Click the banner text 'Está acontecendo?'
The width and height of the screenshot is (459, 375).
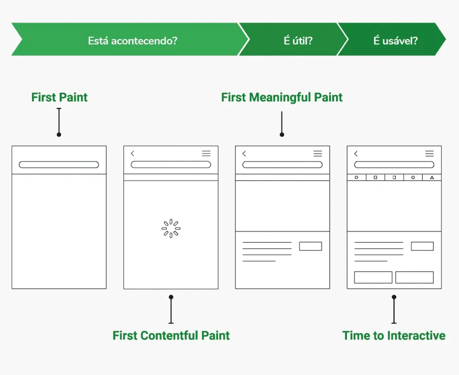click(x=133, y=41)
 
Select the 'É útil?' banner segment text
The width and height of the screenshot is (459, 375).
click(x=298, y=41)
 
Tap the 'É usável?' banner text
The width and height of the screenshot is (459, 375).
click(x=395, y=41)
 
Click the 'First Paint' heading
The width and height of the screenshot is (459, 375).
click(x=59, y=97)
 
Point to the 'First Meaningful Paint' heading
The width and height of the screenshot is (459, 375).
click(x=282, y=97)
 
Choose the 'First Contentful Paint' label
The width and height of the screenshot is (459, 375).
click(x=171, y=335)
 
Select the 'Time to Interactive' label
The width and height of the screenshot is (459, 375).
click(x=394, y=335)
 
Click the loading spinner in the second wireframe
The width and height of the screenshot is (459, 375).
click(x=171, y=228)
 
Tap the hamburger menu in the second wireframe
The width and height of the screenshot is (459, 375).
click(x=206, y=153)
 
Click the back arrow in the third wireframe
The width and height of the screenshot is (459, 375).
click(x=244, y=153)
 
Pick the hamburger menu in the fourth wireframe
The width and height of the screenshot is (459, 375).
click(x=429, y=153)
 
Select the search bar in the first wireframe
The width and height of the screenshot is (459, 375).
click(x=59, y=164)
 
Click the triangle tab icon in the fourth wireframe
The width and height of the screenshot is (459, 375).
click(x=432, y=177)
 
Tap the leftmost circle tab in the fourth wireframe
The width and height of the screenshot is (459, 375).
click(x=357, y=177)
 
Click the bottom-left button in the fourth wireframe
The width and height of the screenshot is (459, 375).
click(x=373, y=277)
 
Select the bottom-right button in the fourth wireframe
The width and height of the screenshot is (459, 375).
click(x=414, y=277)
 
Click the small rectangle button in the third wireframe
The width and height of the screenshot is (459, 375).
click(x=310, y=246)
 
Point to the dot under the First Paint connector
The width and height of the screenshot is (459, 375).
click(x=59, y=134)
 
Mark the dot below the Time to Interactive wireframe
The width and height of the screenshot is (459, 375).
click(x=394, y=297)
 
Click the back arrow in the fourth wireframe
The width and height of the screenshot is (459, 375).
click(x=356, y=153)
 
